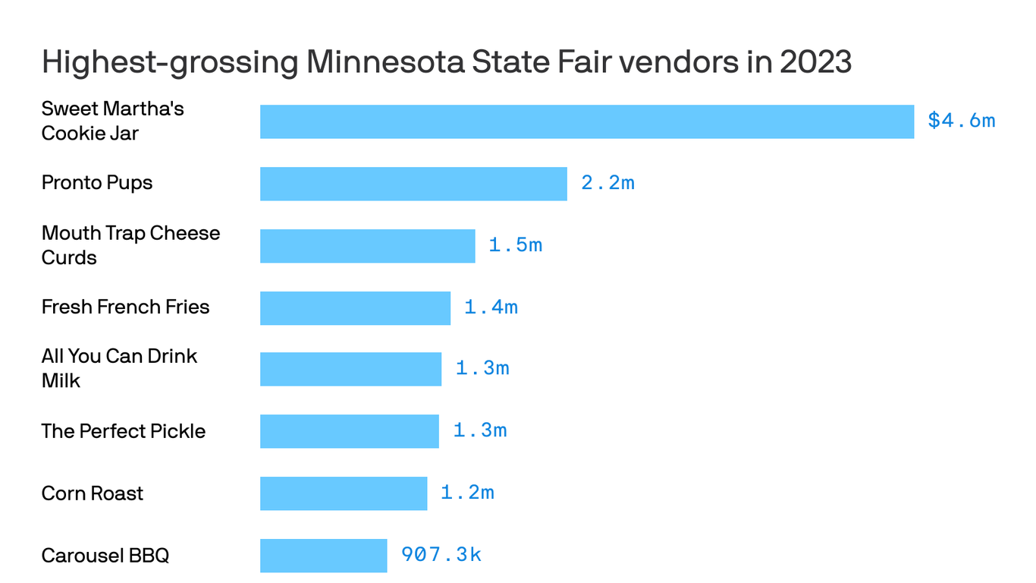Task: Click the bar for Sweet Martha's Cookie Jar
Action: point(586,121)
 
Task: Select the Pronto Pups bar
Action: point(413,184)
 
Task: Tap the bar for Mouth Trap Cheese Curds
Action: point(367,246)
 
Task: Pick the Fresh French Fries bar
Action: point(355,308)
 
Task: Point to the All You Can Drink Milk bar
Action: point(350,369)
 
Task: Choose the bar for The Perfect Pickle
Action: point(349,431)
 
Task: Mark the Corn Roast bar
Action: point(344,493)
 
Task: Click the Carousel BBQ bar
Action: point(323,556)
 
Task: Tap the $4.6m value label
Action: point(961,121)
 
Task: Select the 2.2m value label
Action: point(607,183)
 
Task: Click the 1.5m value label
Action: point(515,245)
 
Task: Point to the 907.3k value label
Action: point(441,555)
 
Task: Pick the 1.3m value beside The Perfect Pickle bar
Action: point(479,430)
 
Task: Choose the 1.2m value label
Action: point(467,493)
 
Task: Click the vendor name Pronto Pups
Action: point(97,183)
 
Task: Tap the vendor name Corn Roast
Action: point(93,493)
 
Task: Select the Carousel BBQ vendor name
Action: point(105,556)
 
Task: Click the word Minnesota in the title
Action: point(385,62)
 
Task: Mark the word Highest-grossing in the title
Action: point(170,62)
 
